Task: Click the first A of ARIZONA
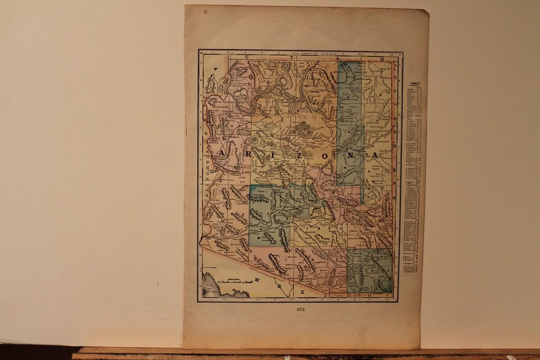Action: (222, 154)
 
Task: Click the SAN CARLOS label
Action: (355, 193)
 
